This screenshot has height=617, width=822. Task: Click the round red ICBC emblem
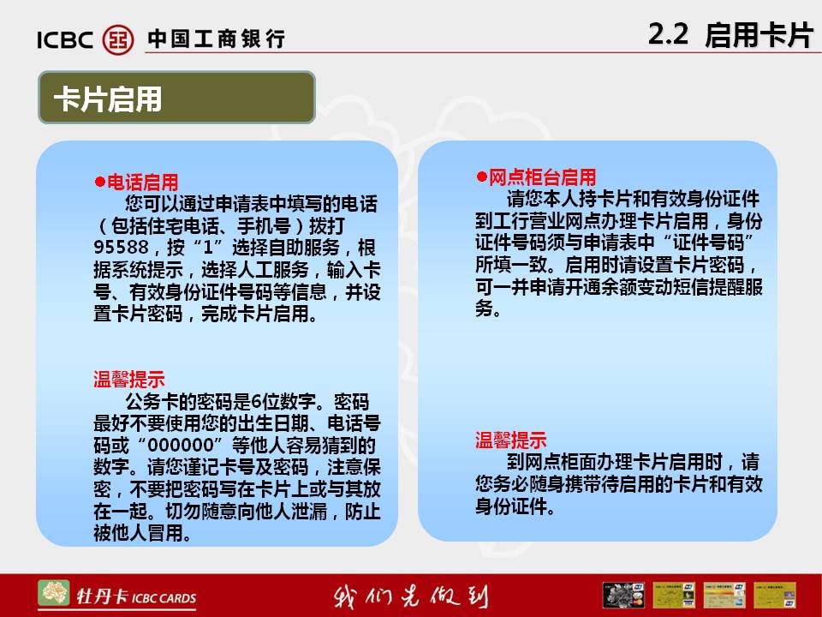(x=118, y=39)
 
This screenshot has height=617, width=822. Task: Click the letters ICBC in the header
(x=65, y=40)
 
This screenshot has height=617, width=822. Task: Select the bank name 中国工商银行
(x=216, y=39)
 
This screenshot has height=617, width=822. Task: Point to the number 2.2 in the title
(x=668, y=34)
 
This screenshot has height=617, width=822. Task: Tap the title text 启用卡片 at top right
(x=759, y=35)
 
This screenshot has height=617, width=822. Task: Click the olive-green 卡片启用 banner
(x=176, y=98)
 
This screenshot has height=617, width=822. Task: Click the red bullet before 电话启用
(x=99, y=182)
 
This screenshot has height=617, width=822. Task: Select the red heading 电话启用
(x=143, y=182)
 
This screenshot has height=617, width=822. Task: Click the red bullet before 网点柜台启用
(x=481, y=177)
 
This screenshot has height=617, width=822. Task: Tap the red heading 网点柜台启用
(x=542, y=177)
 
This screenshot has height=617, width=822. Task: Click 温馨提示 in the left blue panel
(x=129, y=380)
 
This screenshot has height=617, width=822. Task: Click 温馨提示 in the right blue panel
(x=510, y=440)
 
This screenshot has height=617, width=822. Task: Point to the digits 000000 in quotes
(x=181, y=446)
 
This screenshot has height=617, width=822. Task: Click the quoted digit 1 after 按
(x=208, y=247)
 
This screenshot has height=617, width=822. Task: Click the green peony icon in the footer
(x=53, y=593)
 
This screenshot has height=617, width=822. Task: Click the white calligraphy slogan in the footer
(x=410, y=596)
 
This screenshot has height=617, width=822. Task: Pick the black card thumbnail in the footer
(x=623, y=595)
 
